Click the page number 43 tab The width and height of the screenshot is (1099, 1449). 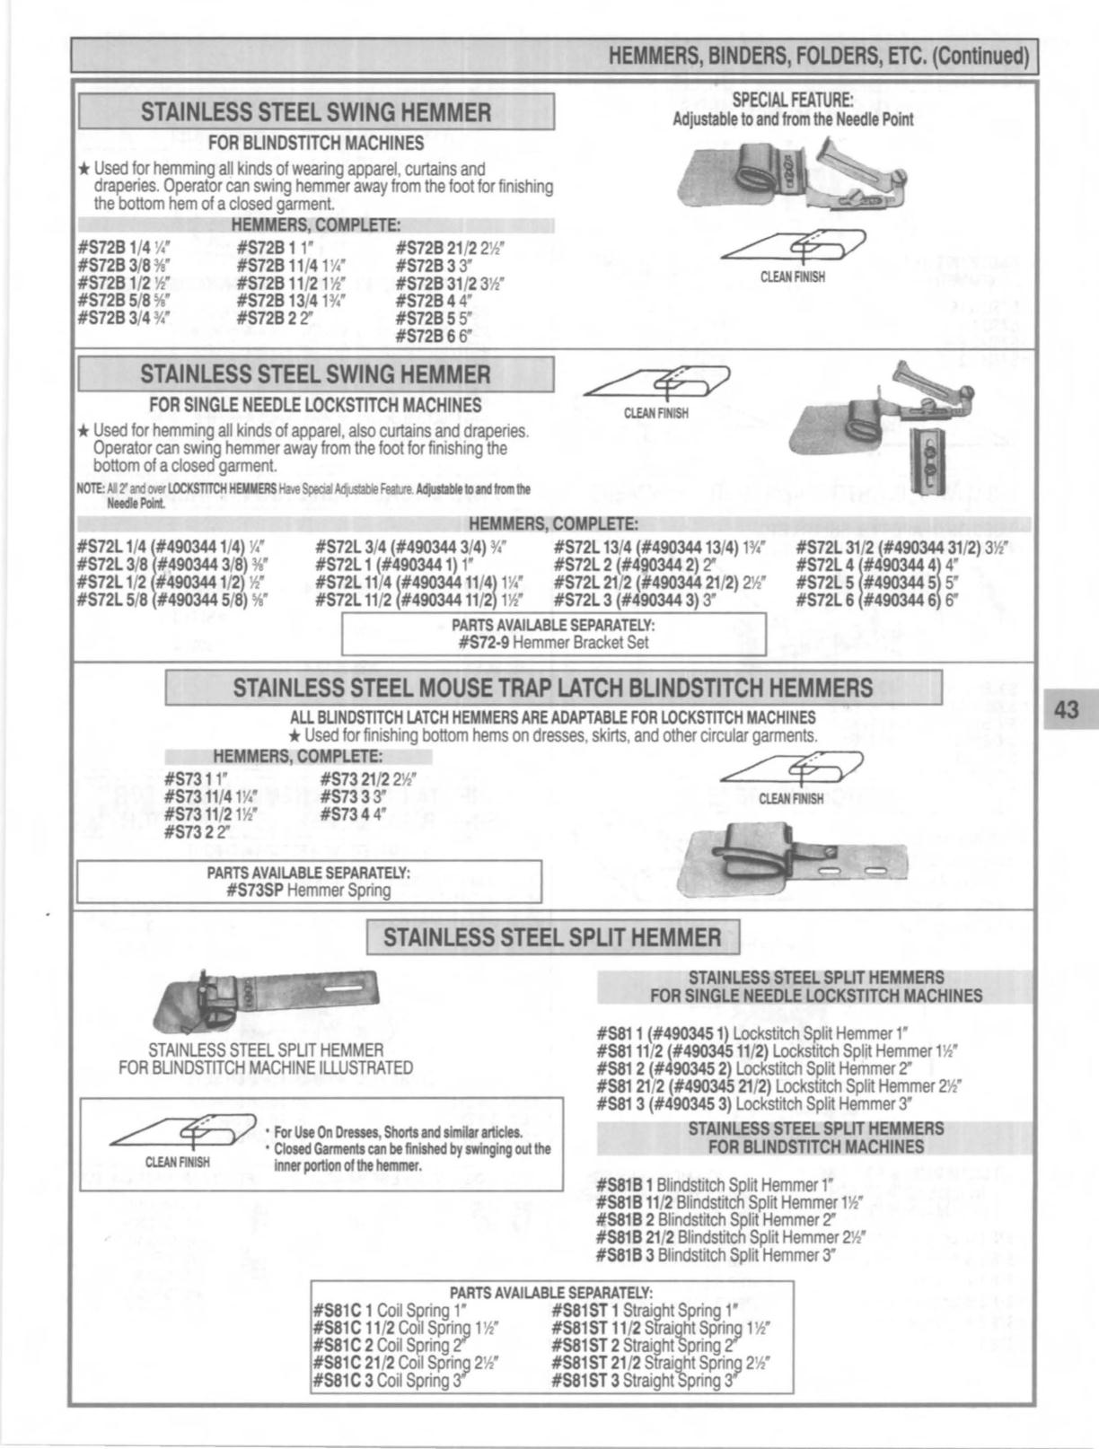1066,709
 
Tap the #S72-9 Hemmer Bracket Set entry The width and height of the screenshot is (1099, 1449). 553,642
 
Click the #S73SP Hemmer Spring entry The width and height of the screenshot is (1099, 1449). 309,890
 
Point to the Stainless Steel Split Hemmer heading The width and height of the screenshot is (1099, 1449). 552,937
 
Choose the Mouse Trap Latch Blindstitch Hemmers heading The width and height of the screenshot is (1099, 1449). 553,688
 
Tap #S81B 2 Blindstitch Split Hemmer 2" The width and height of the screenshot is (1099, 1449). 717,1219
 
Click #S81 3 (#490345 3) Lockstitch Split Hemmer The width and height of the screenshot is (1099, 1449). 755,1103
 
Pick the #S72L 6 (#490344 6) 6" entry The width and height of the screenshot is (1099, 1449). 878,601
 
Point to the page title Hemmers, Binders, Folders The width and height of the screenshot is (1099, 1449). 818,56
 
